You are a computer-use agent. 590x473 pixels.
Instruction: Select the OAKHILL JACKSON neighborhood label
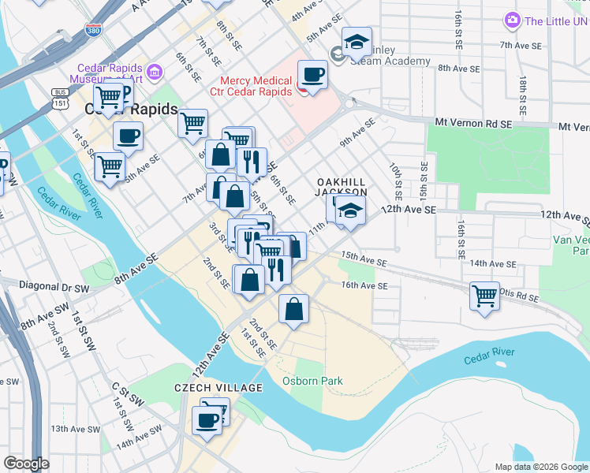(342, 186)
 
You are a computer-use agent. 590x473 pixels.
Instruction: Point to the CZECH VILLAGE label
(207, 388)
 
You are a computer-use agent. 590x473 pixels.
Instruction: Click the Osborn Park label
(312, 382)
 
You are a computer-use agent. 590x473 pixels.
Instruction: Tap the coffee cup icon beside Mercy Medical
(313, 76)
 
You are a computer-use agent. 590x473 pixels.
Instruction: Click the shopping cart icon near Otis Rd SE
(484, 296)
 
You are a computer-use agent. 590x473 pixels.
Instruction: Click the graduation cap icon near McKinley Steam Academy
(357, 41)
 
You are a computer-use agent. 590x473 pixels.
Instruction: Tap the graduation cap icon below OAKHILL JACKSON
(350, 210)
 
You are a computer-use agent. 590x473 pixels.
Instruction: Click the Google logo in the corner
(26, 464)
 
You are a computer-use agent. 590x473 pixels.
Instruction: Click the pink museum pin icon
(155, 73)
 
